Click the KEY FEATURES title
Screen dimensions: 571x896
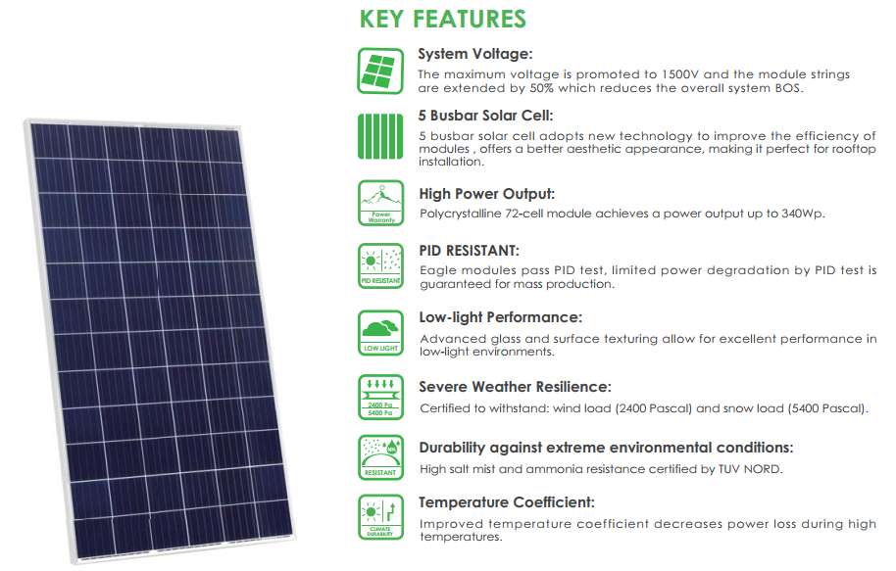pyautogui.click(x=442, y=20)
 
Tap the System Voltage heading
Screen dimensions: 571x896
pyautogui.click(x=475, y=54)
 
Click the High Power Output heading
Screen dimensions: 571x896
pyautogui.click(x=487, y=194)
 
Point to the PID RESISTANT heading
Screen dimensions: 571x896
pyautogui.click(x=469, y=251)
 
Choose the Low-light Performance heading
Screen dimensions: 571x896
pyautogui.click(x=500, y=317)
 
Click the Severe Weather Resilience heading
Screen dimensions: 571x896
pyautogui.click(x=515, y=387)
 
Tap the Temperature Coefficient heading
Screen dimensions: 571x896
pyautogui.click(x=507, y=502)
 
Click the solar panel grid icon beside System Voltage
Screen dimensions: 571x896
pyautogui.click(x=379, y=69)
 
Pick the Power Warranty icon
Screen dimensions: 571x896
pyautogui.click(x=379, y=204)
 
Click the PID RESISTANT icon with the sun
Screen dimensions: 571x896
pyautogui.click(x=379, y=265)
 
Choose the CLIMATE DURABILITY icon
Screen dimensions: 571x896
pyautogui.click(x=379, y=518)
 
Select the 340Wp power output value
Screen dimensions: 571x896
pyautogui.click(x=802, y=214)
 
